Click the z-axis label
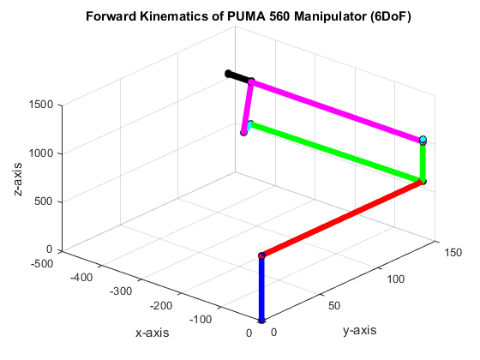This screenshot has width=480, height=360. (19, 178)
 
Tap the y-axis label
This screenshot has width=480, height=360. (358, 330)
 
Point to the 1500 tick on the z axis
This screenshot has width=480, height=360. (42, 105)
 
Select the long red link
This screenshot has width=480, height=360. (343, 218)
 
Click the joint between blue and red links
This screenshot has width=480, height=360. (261, 255)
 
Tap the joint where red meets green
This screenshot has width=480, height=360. (423, 181)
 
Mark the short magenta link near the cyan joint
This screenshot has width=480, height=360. (248, 108)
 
